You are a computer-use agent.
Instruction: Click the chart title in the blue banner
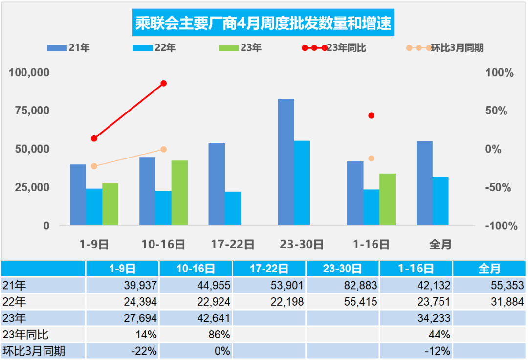point(264,23)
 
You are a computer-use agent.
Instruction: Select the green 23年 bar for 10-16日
point(180,193)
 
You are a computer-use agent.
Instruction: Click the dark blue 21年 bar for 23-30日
point(286,162)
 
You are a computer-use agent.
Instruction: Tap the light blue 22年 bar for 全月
point(440,201)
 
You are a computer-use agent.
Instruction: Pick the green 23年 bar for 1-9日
point(110,204)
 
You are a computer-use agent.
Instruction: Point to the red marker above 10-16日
point(164,83)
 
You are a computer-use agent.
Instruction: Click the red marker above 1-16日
point(371,116)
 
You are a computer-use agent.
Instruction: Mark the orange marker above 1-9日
point(94,166)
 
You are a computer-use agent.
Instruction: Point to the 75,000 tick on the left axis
point(29,111)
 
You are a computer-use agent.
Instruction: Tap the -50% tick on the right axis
point(499,187)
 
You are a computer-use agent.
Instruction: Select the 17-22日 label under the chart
point(233,244)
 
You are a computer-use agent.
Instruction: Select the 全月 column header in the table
point(489,269)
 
